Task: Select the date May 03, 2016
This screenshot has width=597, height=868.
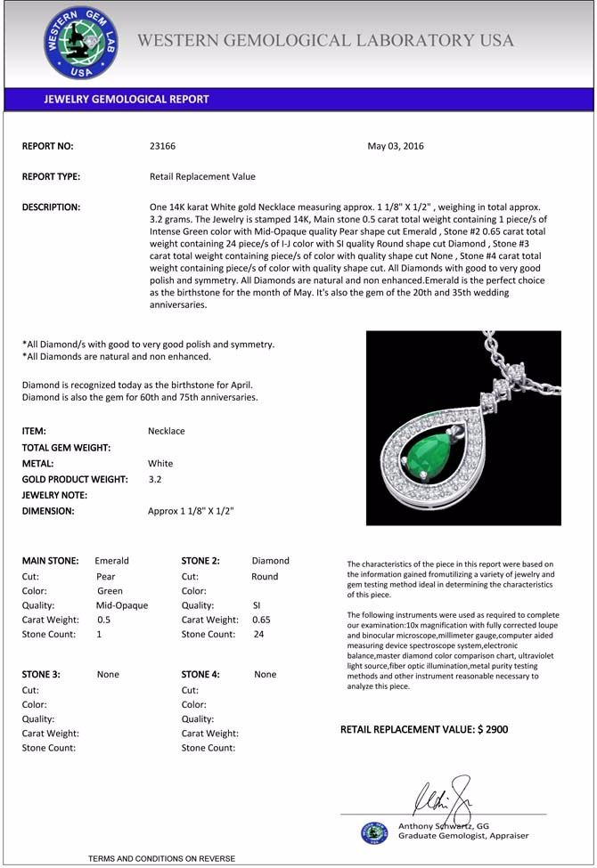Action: [x=396, y=146]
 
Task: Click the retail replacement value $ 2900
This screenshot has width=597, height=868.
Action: [x=424, y=729]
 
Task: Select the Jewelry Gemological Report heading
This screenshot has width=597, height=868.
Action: [x=127, y=99]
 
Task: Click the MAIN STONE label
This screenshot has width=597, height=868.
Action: [x=50, y=561]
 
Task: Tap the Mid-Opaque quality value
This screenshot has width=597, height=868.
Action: [x=122, y=605]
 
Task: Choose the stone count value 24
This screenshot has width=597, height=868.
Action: [x=259, y=635]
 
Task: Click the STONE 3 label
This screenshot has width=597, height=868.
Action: [x=41, y=674]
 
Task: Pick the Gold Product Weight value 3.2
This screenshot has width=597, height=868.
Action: [x=155, y=479]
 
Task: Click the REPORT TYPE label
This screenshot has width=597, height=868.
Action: [x=51, y=176]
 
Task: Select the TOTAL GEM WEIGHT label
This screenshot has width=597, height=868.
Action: [x=66, y=447]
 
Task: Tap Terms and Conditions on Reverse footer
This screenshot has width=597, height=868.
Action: [x=161, y=858]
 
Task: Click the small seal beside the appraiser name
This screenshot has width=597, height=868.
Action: [x=374, y=833]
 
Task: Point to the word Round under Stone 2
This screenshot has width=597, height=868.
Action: [x=265, y=576]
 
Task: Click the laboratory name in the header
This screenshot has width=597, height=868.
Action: [x=326, y=40]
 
